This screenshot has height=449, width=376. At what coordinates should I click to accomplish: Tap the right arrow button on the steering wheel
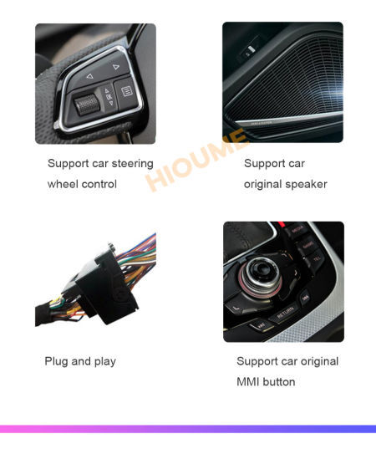tap(116, 66)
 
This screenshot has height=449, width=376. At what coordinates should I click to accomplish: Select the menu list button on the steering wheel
tap(127, 90)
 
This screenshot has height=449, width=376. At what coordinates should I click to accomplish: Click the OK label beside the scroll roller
tap(109, 96)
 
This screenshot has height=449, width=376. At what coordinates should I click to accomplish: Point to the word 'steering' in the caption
tap(133, 164)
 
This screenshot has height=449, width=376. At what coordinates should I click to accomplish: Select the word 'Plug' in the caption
tap(57, 361)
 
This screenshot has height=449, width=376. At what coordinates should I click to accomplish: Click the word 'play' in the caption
tap(104, 361)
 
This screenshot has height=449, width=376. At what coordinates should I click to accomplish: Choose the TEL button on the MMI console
tap(316, 259)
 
